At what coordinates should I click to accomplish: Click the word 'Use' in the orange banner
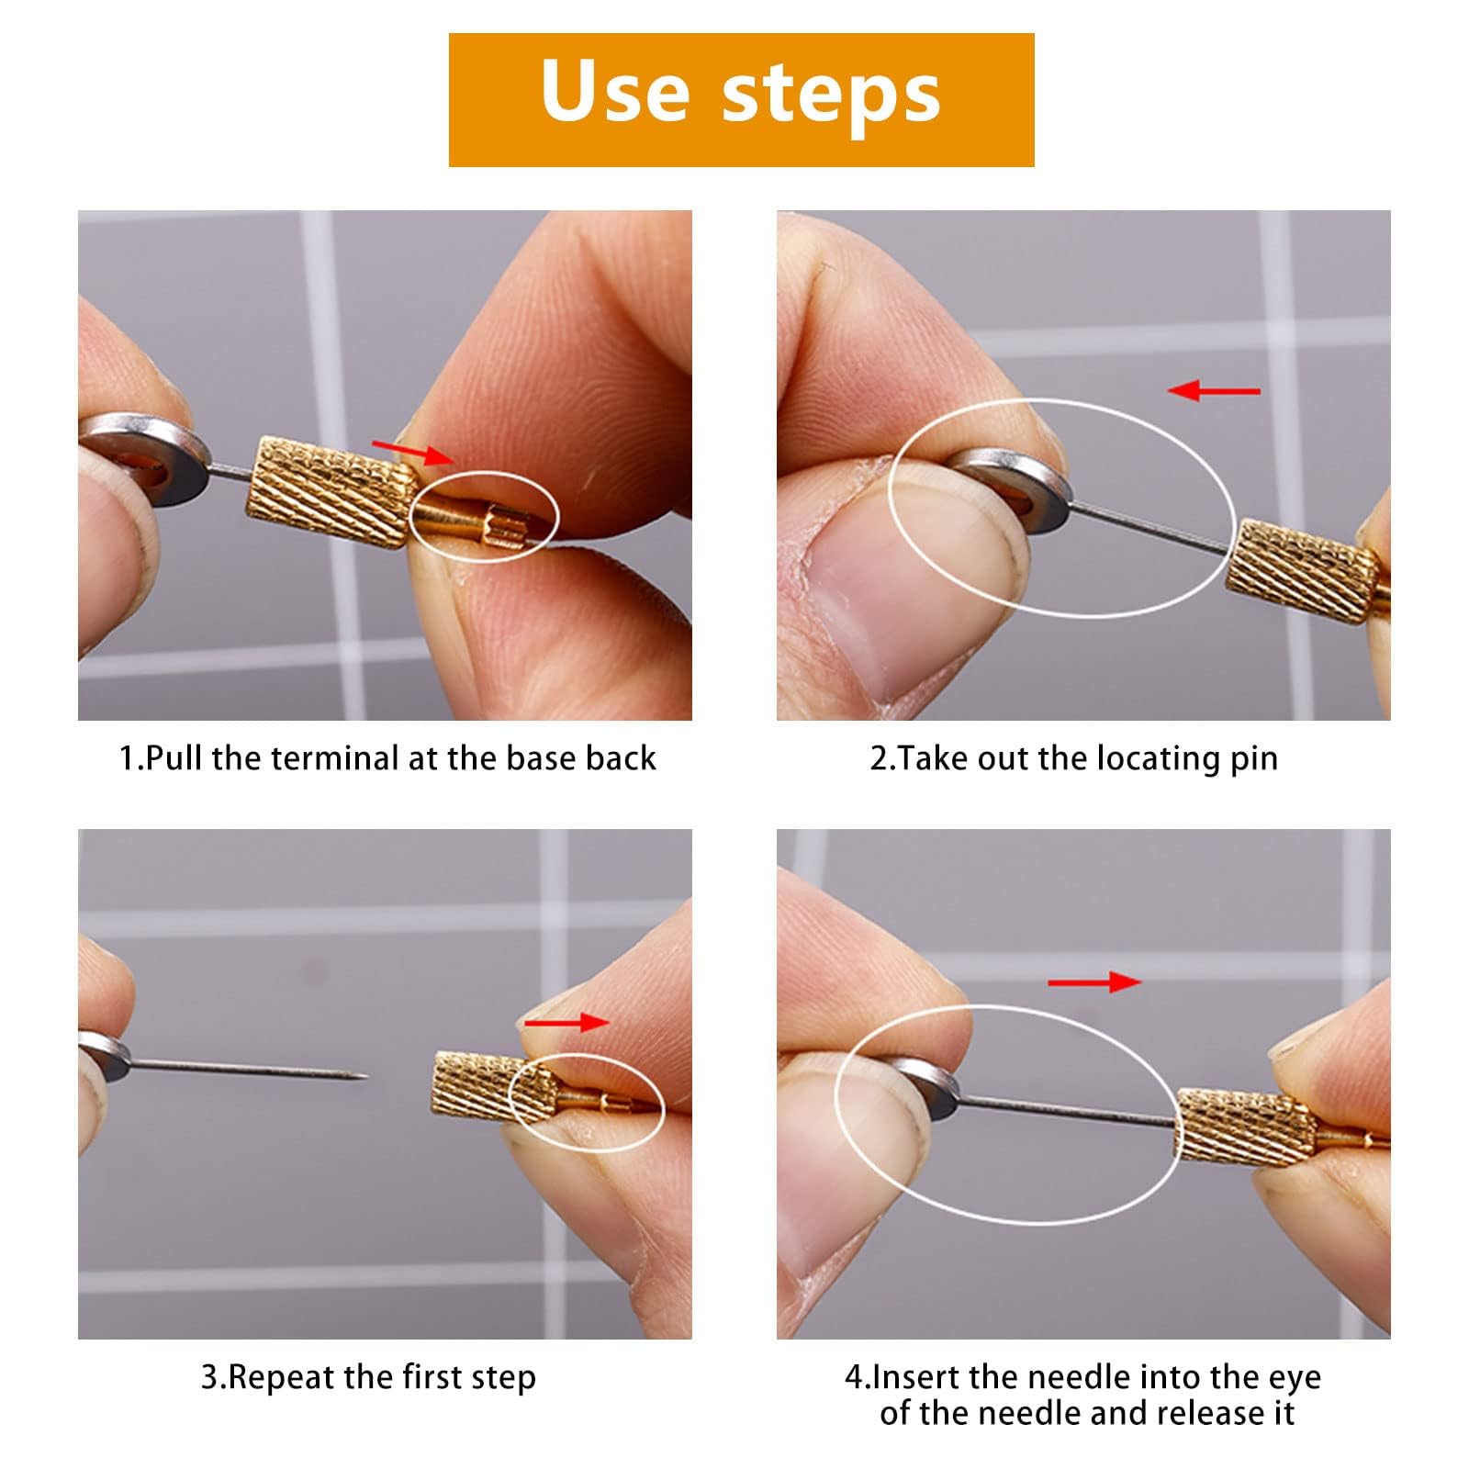[x=614, y=92]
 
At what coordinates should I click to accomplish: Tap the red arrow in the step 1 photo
[x=412, y=451]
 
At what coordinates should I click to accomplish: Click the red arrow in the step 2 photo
[x=1213, y=391]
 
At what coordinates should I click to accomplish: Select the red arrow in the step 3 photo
[x=566, y=1022]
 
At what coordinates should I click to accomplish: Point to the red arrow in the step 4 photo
[x=1094, y=982]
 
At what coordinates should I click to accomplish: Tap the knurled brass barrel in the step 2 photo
[x=1302, y=571]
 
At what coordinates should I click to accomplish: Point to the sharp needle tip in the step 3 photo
[x=364, y=1077]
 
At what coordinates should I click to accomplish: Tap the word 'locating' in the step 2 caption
[x=1155, y=759]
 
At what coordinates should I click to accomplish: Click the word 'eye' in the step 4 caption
[x=1295, y=1378]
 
